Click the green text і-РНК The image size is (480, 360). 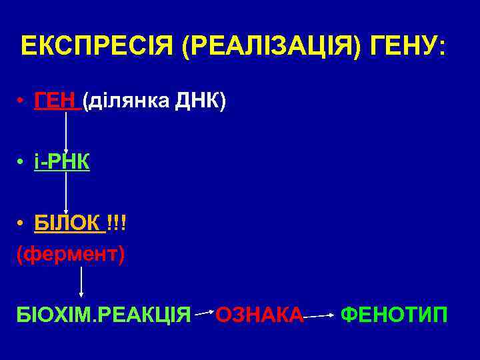click(62, 162)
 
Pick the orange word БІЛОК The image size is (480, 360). click(69, 223)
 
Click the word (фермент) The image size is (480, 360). click(70, 255)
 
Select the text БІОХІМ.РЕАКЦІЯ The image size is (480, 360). click(104, 313)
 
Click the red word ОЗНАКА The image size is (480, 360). click(260, 313)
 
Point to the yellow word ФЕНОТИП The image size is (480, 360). click(394, 313)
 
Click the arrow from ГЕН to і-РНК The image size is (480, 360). click(66, 131)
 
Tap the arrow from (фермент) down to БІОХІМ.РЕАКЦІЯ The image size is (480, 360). click(81, 280)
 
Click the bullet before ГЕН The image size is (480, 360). click(22, 101)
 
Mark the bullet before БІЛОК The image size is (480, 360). click(22, 223)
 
